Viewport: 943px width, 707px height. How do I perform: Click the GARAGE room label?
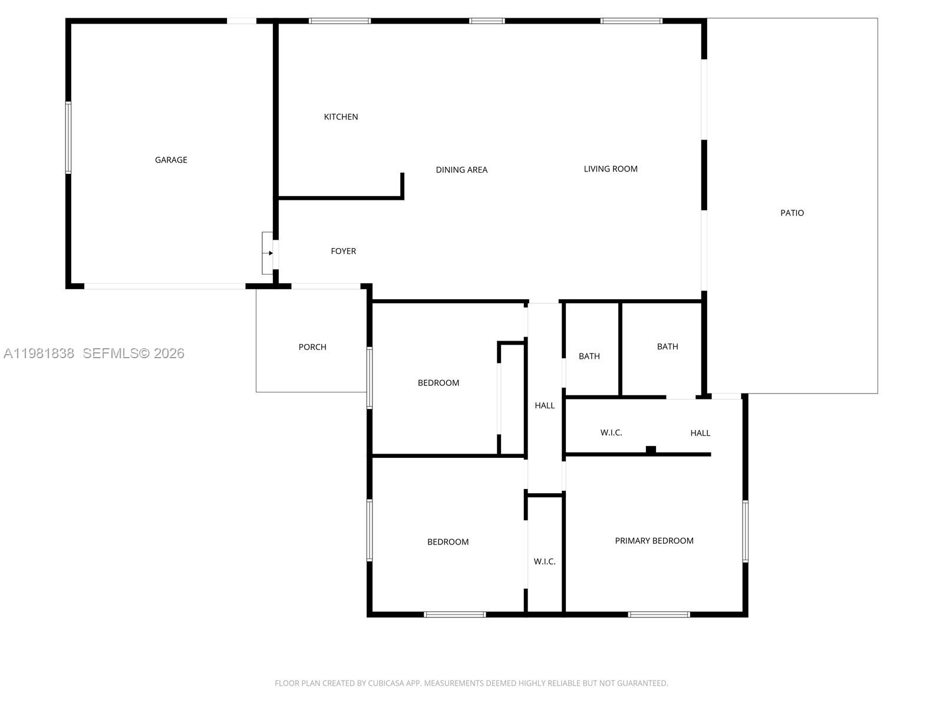[171, 160]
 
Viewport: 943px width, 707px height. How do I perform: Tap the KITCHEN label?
[341, 117]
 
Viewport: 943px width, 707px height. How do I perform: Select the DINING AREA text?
[461, 170]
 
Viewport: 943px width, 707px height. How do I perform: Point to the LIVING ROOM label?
[611, 169]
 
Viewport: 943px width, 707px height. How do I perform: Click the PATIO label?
[792, 213]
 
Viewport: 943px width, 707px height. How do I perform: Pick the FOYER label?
[343, 251]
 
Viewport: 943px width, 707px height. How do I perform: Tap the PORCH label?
[312, 347]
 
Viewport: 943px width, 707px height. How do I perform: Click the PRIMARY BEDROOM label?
[654, 540]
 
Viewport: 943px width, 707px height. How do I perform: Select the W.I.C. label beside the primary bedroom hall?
[611, 432]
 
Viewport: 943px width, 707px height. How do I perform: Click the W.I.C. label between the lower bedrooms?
[545, 561]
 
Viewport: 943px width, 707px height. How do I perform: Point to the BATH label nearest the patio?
[667, 346]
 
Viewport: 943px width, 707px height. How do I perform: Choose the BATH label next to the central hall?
[589, 356]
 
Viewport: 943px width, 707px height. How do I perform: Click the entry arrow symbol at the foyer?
[270, 253]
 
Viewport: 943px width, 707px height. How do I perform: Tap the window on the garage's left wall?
[68, 137]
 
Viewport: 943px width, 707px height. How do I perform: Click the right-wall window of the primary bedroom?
[745, 531]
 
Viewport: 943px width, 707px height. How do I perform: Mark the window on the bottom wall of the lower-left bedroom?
[454, 615]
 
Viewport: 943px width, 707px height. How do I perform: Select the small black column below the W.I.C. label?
[651, 450]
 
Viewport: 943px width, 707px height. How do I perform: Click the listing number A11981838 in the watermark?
[39, 353]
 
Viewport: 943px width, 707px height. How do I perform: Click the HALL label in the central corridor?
[545, 405]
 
